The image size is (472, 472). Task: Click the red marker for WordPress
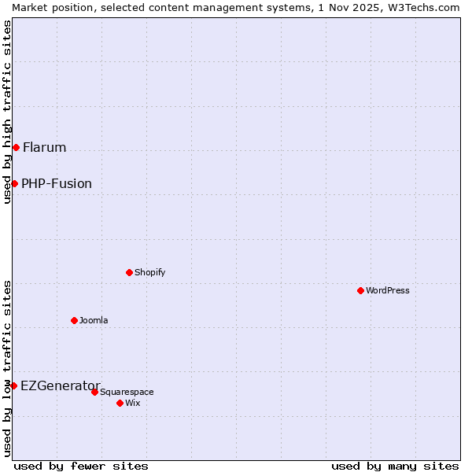(x=360, y=290)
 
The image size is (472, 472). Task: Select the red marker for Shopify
(x=129, y=272)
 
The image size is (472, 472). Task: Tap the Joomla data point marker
(x=74, y=320)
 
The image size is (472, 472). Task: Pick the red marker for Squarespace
(x=94, y=392)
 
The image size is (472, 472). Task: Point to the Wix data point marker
(x=120, y=403)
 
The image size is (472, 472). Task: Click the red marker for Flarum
(x=16, y=147)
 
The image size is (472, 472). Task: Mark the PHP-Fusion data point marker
(x=14, y=183)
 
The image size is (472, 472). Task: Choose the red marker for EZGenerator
(x=13, y=385)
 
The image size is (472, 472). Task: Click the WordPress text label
(x=388, y=290)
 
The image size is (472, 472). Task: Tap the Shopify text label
(x=149, y=272)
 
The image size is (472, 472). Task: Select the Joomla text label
(x=94, y=320)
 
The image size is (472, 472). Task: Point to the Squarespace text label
(x=127, y=392)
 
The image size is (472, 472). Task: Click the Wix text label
(x=133, y=403)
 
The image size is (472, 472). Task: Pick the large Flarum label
(x=45, y=147)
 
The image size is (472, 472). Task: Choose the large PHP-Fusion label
(x=57, y=183)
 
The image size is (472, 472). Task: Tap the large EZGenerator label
(x=61, y=385)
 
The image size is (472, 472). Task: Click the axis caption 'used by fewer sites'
(x=81, y=466)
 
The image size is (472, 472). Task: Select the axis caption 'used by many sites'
(x=395, y=466)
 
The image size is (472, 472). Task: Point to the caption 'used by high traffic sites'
(x=7, y=112)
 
